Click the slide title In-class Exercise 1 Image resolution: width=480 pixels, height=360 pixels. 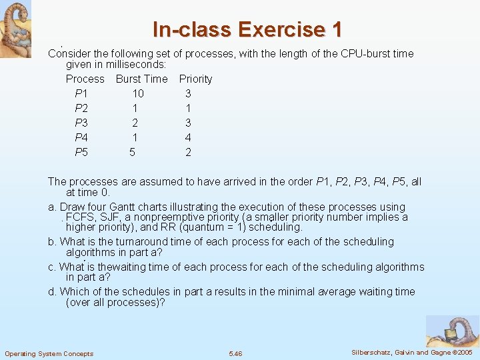pos(247,29)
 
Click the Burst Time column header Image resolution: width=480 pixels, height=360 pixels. pos(141,79)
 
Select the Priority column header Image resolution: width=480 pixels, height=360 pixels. pos(195,79)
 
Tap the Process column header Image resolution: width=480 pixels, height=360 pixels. pos(85,79)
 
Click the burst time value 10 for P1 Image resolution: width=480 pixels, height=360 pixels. pos(138,93)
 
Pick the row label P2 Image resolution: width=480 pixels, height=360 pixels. pos(81,108)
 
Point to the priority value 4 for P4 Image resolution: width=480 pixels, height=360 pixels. pos(188,137)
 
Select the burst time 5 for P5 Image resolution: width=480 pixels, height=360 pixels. pos(132,152)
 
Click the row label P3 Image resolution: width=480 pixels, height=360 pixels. pos(81,123)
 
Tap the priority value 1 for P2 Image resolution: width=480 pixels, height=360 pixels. pos(188,108)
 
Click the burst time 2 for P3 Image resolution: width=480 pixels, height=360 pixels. pos(135,123)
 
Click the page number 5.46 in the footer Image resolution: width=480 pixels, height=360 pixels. pos(235,353)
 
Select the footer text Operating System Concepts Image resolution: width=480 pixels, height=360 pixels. pos(49,353)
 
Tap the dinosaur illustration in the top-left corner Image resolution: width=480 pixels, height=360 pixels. pos(15,28)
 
